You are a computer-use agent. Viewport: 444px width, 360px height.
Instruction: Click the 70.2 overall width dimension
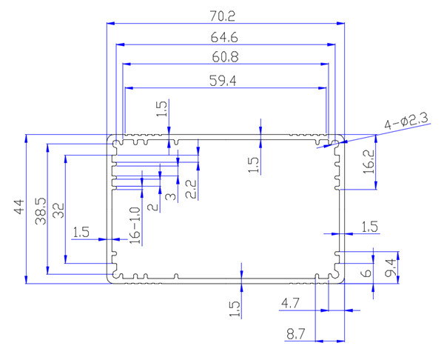click(x=226, y=14)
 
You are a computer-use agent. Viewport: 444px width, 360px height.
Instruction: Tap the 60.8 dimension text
click(x=226, y=56)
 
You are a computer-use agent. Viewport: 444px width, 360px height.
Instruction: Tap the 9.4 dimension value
click(x=392, y=263)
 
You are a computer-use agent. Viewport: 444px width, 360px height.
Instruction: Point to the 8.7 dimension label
click(x=295, y=334)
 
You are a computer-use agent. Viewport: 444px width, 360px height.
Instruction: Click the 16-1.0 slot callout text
click(x=134, y=224)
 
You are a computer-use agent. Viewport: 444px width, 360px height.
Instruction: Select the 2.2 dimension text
click(x=190, y=189)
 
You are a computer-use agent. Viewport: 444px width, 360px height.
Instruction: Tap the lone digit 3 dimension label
click(x=169, y=196)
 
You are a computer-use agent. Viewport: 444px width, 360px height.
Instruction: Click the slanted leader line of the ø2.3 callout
click(x=355, y=135)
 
